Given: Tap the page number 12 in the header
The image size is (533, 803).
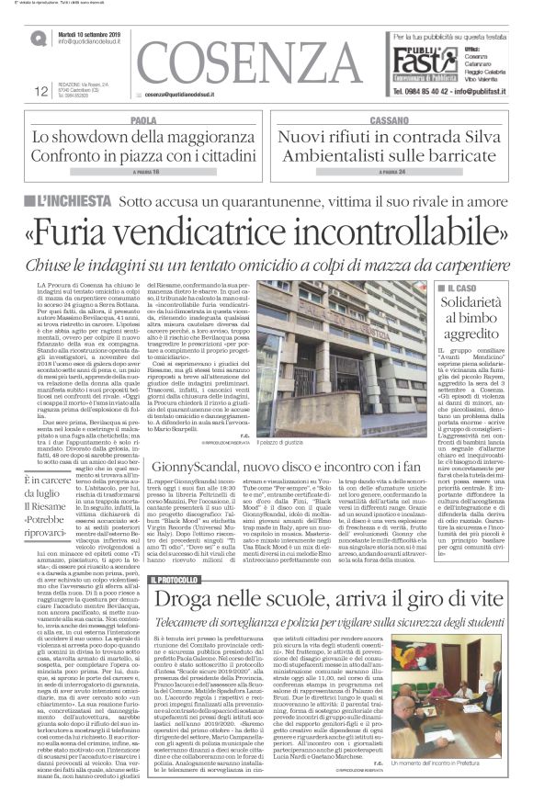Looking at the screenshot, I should tap(40, 90).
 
